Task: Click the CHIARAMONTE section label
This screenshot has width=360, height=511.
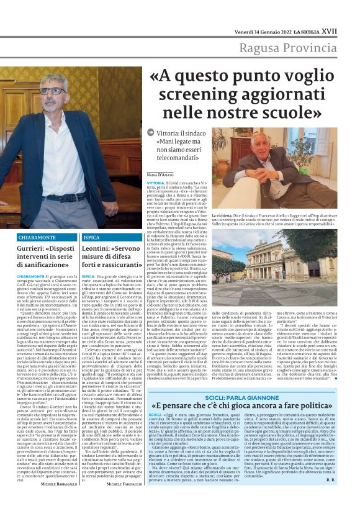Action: [x=56, y=238]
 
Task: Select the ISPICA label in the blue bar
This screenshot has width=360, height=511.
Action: [x=91, y=238]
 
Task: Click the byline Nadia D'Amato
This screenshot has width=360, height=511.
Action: [x=161, y=176]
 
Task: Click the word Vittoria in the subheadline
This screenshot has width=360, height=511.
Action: [x=170, y=135]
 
